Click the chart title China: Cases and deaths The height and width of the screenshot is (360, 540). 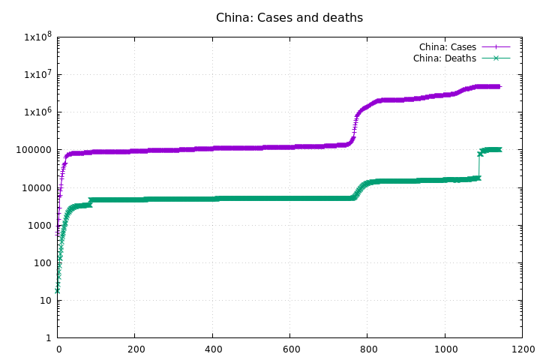point(289,17)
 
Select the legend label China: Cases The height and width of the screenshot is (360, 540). point(447,47)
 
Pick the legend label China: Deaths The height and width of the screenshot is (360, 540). point(444,58)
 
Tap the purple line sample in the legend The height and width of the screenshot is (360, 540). point(496,47)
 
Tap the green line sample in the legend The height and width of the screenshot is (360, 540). point(496,58)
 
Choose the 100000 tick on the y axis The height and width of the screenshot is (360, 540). point(34,150)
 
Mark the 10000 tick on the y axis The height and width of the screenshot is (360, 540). point(37,187)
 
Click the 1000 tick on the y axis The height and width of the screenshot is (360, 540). point(39,225)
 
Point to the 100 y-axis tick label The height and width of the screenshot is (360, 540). point(42,262)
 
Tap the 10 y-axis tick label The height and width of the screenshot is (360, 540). point(44,300)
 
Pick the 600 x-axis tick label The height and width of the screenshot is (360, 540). point(290,349)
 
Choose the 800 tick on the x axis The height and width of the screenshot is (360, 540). point(367,349)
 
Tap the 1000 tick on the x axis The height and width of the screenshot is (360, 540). point(445,349)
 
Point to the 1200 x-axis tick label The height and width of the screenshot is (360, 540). point(523,349)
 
